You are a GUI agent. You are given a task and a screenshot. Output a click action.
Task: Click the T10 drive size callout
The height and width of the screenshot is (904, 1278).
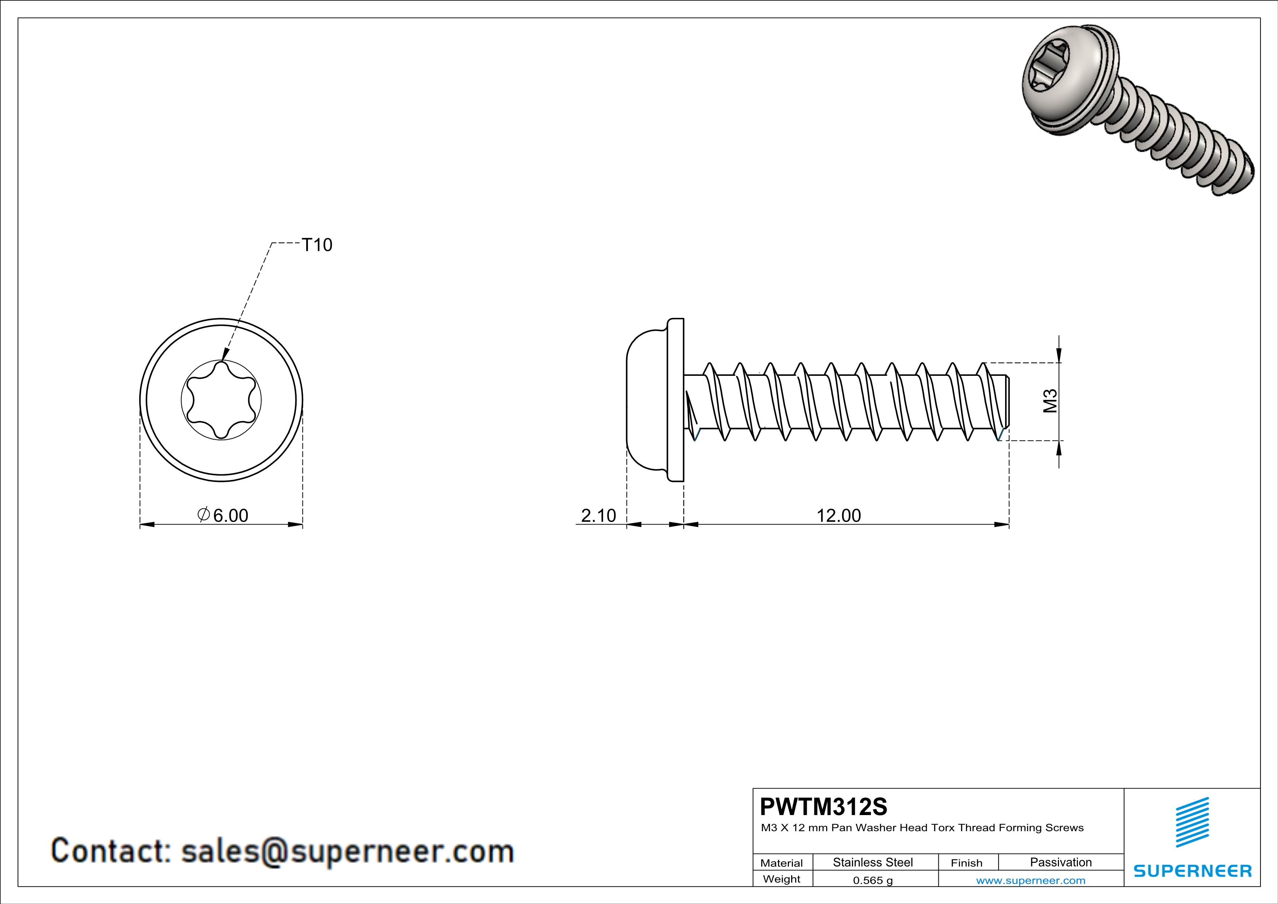click(317, 245)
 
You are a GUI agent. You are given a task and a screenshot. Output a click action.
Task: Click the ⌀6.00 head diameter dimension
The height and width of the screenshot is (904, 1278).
click(223, 515)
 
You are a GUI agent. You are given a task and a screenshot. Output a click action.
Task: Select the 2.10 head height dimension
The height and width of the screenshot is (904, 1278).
click(598, 515)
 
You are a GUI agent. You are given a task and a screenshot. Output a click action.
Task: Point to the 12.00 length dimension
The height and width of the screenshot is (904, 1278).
click(838, 515)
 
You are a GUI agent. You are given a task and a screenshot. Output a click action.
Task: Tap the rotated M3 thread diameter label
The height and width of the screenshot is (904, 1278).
click(1050, 401)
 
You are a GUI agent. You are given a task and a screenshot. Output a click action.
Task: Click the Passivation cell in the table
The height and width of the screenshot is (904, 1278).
click(1060, 862)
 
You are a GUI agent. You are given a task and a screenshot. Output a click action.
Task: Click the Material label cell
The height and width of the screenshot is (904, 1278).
click(782, 863)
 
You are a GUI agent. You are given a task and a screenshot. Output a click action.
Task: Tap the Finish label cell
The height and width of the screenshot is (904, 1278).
click(966, 863)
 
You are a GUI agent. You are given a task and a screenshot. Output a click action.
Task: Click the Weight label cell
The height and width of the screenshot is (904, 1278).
click(782, 879)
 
